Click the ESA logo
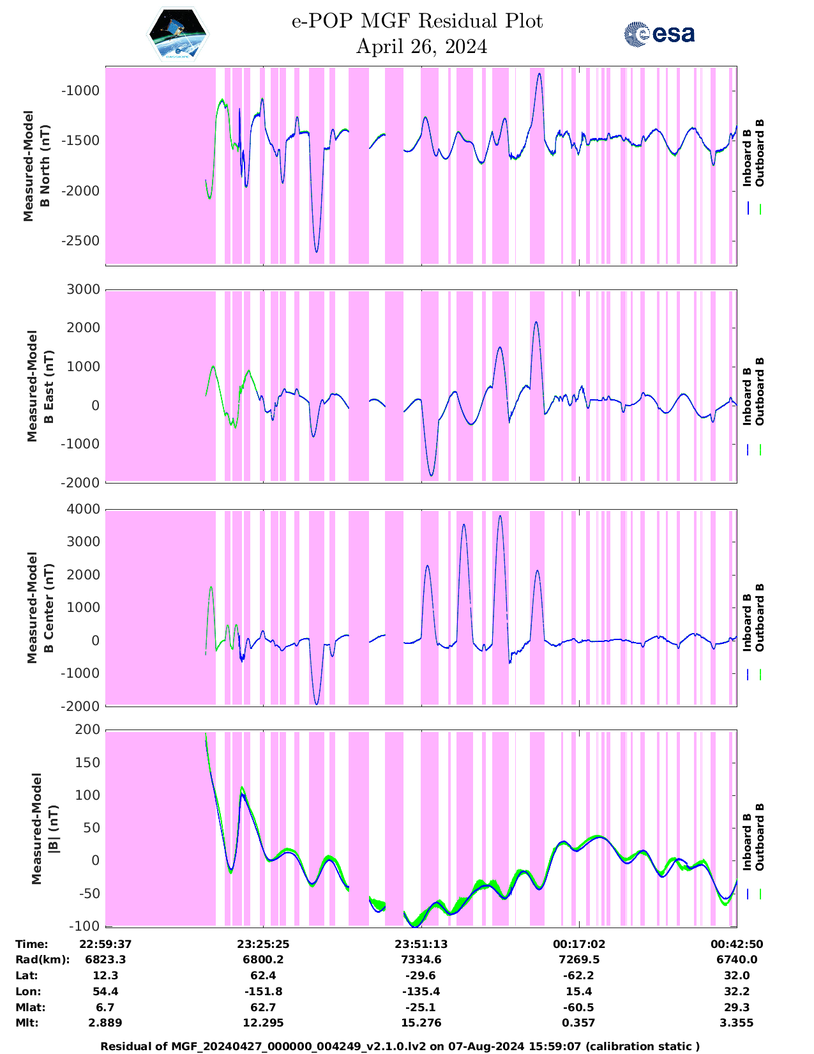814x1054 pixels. (x=659, y=34)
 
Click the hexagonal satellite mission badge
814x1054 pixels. (x=178, y=34)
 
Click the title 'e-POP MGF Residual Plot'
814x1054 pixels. (x=417, y=21)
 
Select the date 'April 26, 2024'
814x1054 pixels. (x=421, y=47)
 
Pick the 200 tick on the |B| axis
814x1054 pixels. (x=87, y=729)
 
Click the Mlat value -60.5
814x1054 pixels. (x=578, y=1007)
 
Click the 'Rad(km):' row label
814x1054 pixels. (x=42, y=959)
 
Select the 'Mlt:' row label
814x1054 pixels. (x=27, y=1023)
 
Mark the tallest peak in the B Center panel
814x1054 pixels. (x=500, y=516)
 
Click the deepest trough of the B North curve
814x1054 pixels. (x=316, y=251)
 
